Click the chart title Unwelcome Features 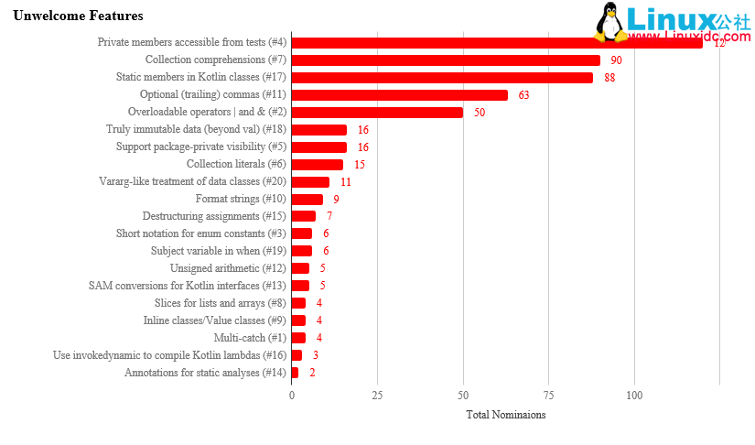click(78, 16)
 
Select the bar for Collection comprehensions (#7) click(446, 60)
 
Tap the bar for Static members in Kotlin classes click(442, 78)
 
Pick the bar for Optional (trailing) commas click(399, 95)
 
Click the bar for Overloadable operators click(377, 113)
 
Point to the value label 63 click(523, 95)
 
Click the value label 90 click(616, 60)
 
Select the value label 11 click(345, 182)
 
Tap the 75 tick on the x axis click(548, 396)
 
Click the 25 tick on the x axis click(377, 396)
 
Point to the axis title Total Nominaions click(505, 415)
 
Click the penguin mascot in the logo click(610, 22)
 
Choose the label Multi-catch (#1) click(250, 338)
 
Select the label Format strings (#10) click(241, 199)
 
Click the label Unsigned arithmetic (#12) click(228, 268)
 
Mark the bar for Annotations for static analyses click(295, 373)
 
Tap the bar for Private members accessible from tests click(496, 43)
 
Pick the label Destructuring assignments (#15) click(214, 216)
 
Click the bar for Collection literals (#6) click(317, 165)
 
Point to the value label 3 click(316, 355)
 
